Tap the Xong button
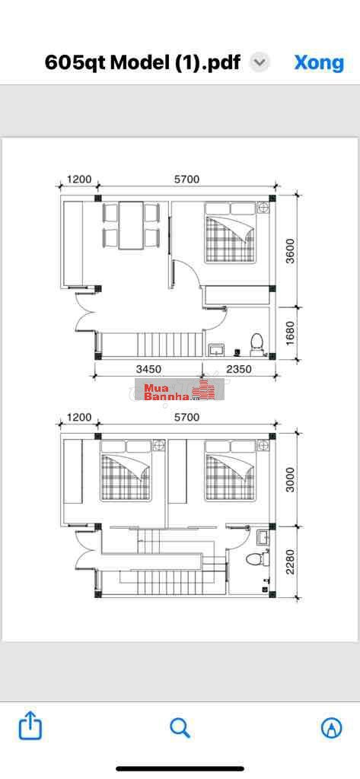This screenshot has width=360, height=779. tap(319, 62)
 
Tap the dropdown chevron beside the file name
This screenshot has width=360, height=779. tap(260, 62)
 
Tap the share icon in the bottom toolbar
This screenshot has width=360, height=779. tap(30, 727)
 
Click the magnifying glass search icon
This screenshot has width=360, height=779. tap(180, 728)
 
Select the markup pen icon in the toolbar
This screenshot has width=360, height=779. tap(331, 728)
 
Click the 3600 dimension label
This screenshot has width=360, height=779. tap(289, 250)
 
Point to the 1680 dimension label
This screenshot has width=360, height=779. tap(289, 332)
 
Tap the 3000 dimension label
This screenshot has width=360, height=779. tap(289, 479)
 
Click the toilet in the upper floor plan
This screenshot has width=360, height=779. tap(256, 344)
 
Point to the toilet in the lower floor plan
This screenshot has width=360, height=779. tap(253, 558)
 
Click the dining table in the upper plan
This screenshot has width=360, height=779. tap(131, 225)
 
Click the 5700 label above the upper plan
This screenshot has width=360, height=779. tap(187, 180)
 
